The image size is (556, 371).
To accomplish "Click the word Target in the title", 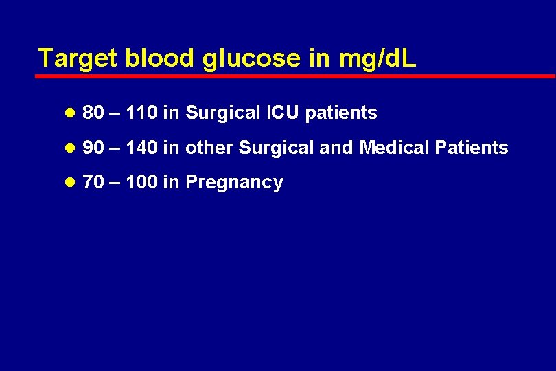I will (78, 58).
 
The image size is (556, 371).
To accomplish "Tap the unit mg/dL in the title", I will (378, 58).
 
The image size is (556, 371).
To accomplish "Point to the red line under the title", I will (295, 76).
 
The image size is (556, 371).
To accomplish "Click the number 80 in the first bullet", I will (93, 113).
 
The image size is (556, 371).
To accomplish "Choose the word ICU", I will (281, 113).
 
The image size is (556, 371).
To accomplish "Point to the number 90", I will (93, 148).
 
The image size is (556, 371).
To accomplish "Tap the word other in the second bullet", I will (209, 148).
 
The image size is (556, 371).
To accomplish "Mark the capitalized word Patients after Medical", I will (474, 148).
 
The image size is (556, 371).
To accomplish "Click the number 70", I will (93, 183).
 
